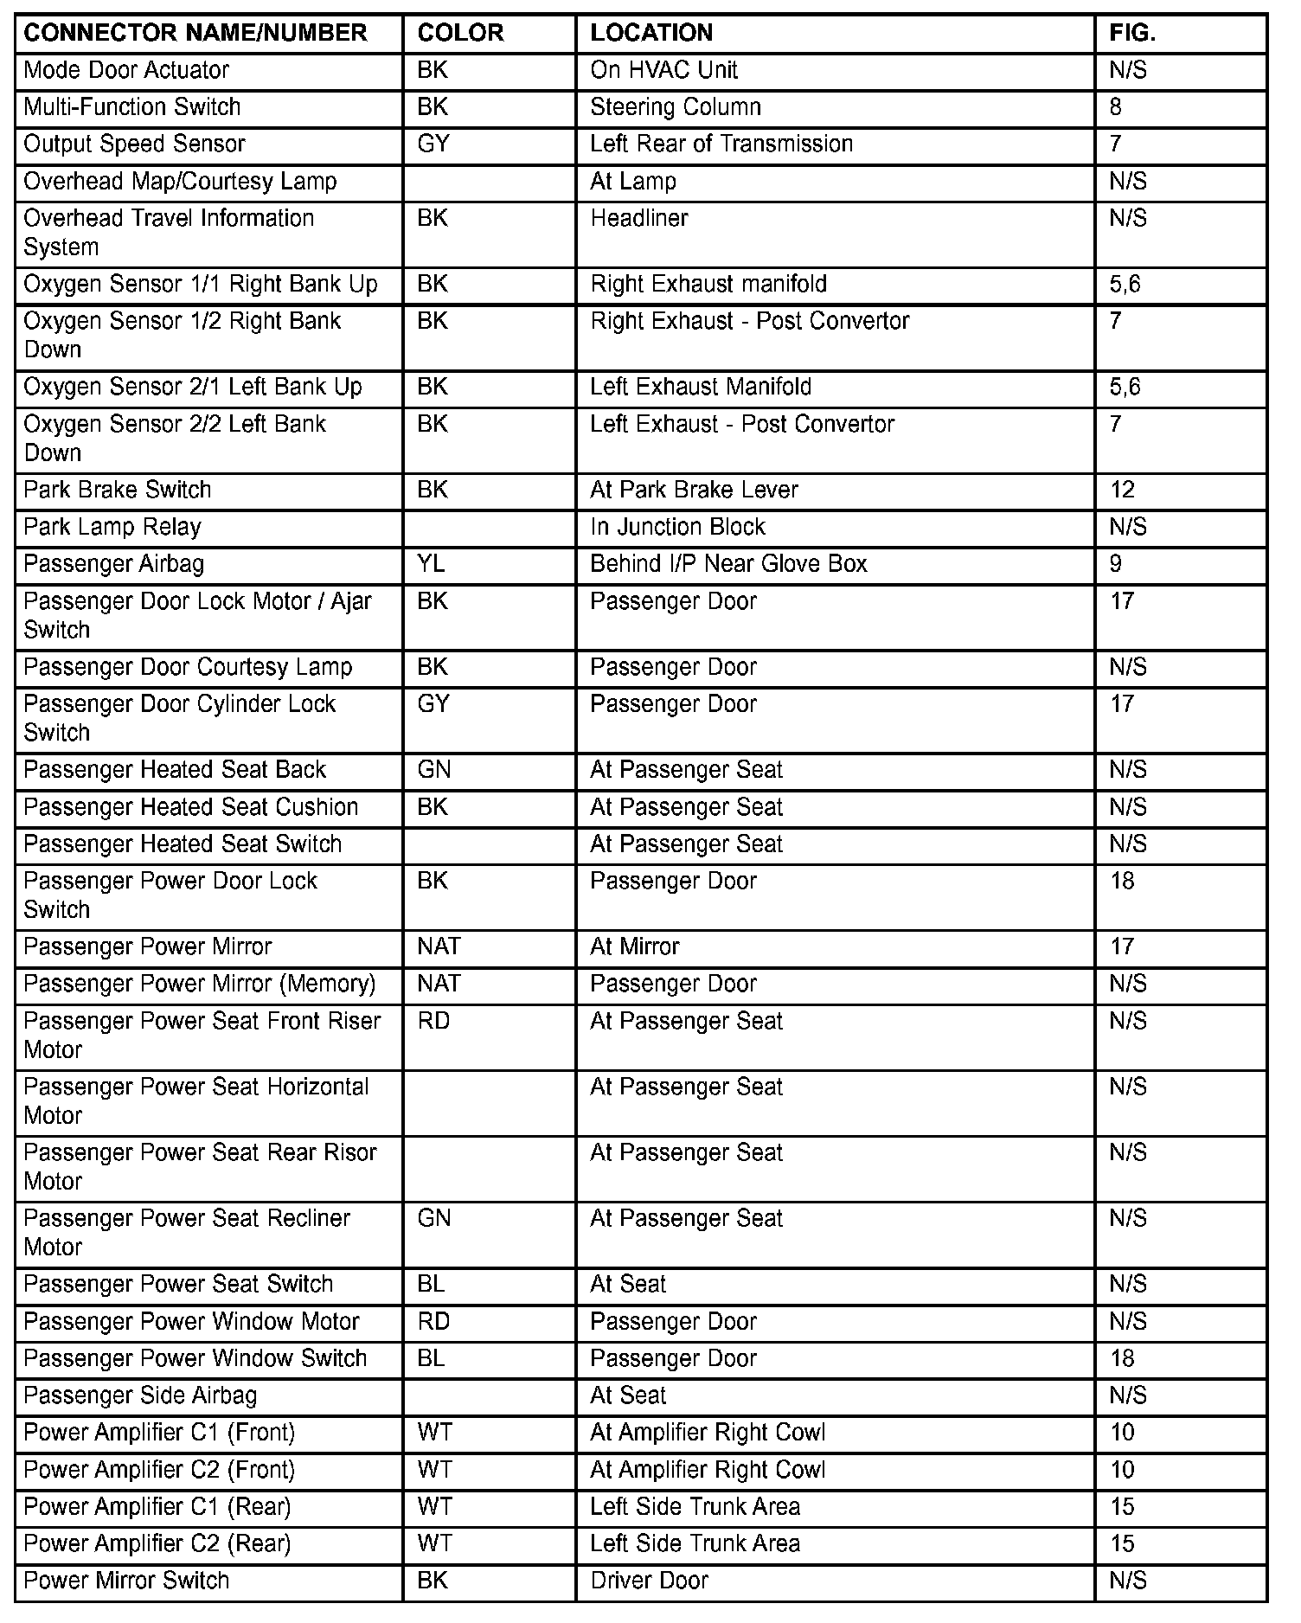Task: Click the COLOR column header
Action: click(x=460, y=33)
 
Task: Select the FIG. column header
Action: click(x=1132, y=33)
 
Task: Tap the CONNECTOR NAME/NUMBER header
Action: click(x=195, y=33)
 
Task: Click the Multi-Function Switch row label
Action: click(x=132, y=107)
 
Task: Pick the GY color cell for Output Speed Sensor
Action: click(x=433, y=144)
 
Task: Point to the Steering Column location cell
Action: click(x=676, y=107)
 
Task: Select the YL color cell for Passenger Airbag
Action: click(x=431, y=564)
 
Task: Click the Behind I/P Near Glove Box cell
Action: click(x=728, y=564)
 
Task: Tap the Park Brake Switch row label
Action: click(x=118, y=490)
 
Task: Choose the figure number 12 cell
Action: click(x=1122, y=490)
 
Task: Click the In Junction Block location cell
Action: click(x=677, y=527)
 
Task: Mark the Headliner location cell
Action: click(x=639, y=218)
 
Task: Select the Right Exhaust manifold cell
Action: click(x=708, y=284)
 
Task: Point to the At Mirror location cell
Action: click(x=635, y=946)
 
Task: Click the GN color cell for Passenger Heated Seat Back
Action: click(x=434, y=770)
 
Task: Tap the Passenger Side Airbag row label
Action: click(x=140, y=1395)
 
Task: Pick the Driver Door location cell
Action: click(x=649, y=1581)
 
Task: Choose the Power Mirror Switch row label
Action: click(x=126, y=1581)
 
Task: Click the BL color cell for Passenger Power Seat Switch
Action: click(x=431, y=1284)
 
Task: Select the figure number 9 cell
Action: click(x=1116, y=564)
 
